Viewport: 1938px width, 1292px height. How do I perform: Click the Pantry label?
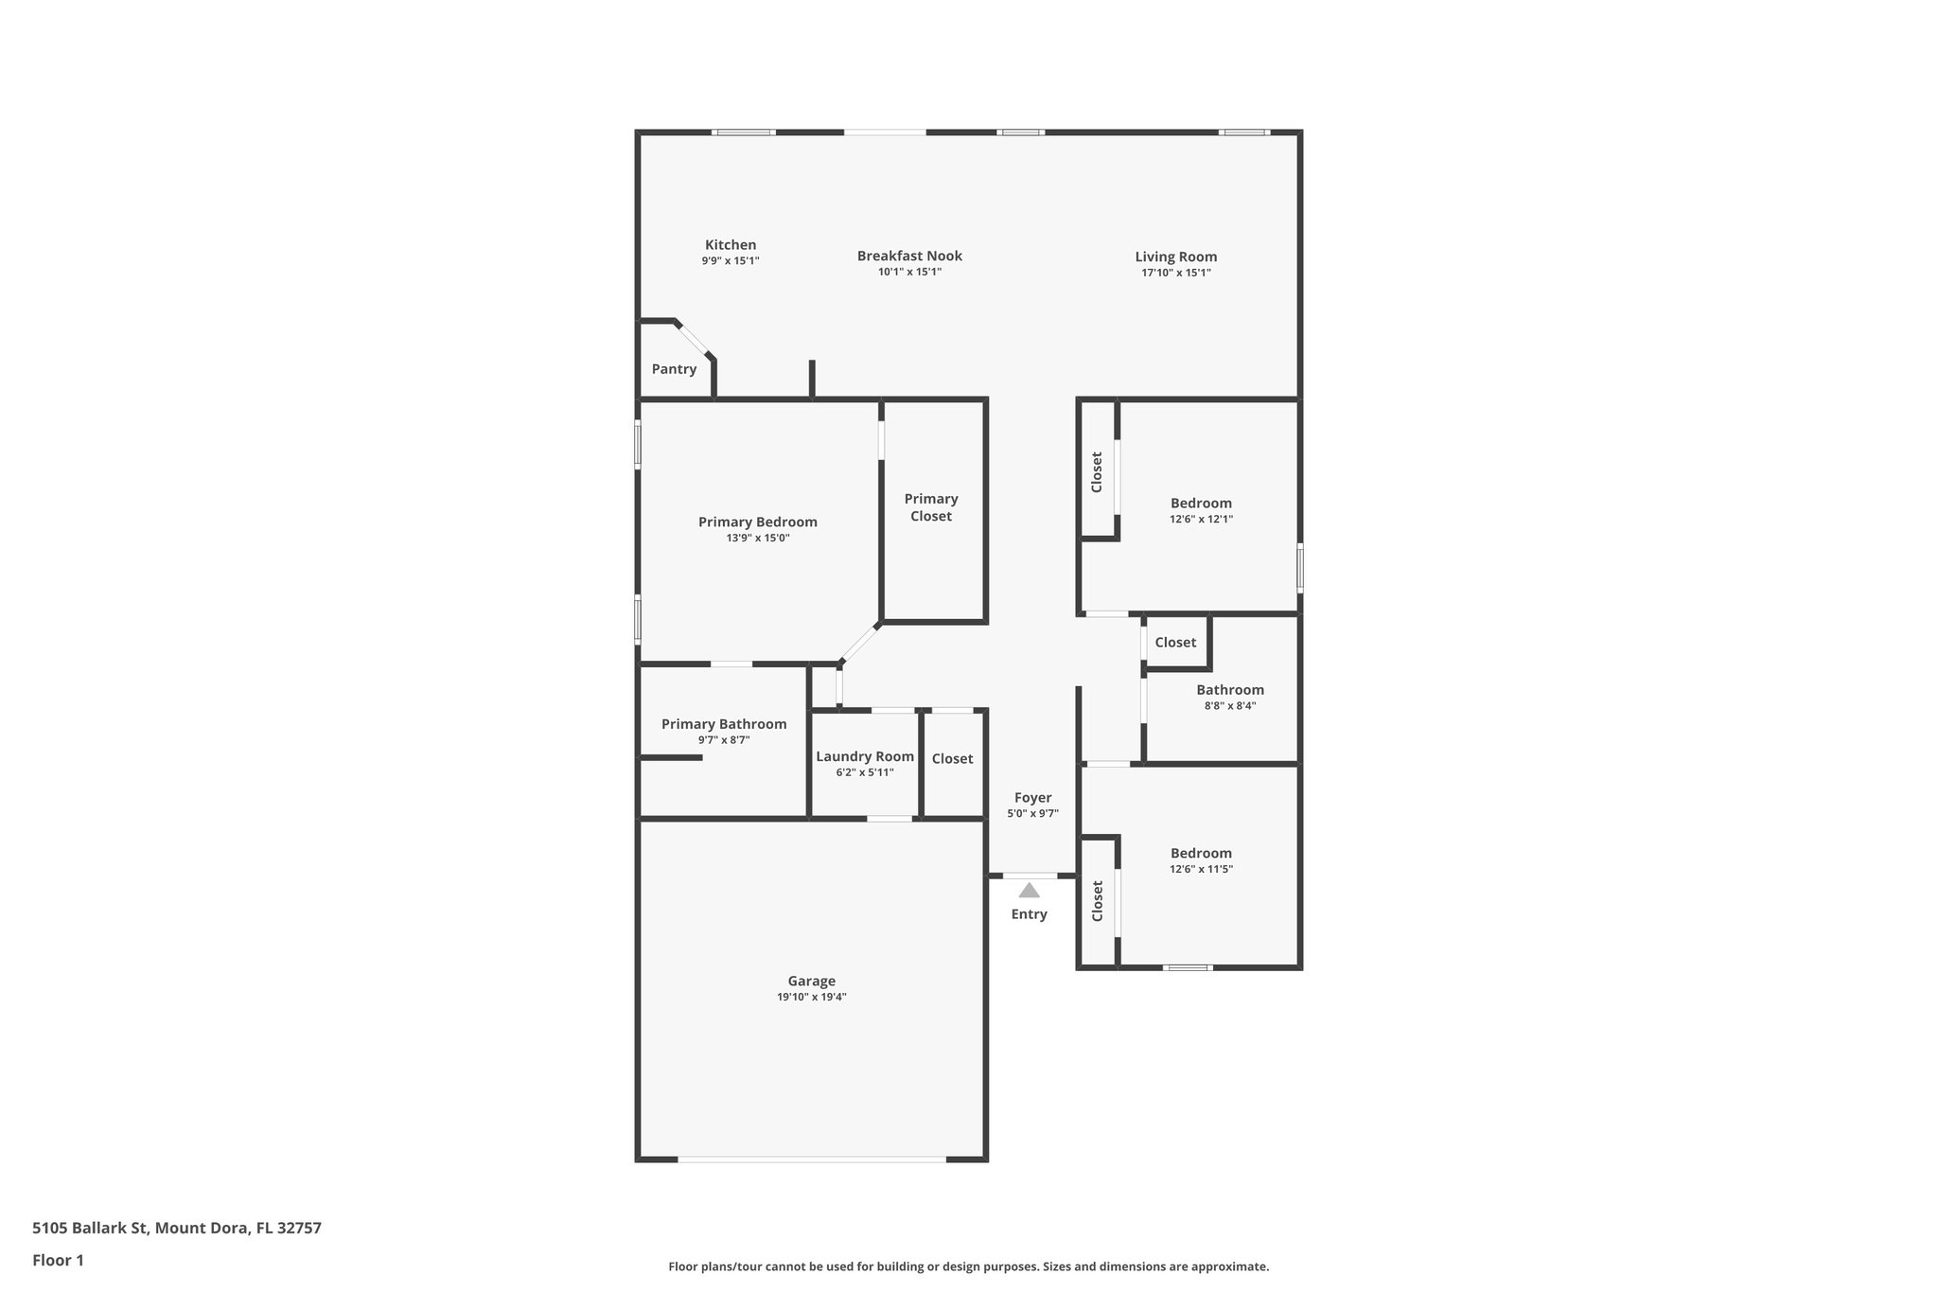pyautogui.click(x=674, y=369)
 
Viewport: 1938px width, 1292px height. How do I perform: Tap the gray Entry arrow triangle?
pyautogui.click(x=1029, y=891)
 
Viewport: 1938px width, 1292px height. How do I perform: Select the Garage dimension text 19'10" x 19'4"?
pyautogui.click(x=811, y=997)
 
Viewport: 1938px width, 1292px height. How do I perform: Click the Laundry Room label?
pyautogui.click(x=865, y=756)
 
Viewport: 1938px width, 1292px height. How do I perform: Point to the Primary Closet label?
pyautogui.click(x=931, y=507)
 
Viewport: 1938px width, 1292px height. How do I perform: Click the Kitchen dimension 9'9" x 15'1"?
pyautogui.click(x=730, y=260)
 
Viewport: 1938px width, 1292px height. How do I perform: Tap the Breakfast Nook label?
pyautogui.click(x=909, y=256)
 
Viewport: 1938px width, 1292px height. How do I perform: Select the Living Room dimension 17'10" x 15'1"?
pyautogui.click(x=1175, y=273)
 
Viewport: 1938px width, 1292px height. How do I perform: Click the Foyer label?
pyautogui.click(x=1032, y=798)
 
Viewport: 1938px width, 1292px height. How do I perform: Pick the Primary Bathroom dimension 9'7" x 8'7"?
pyautogui.click(x=724, y=740)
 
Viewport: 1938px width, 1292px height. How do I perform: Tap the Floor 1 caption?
pyautogui.click(x=58, y=1260)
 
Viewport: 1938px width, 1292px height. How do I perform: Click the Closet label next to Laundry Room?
pyautogui.click(x=952, y=759)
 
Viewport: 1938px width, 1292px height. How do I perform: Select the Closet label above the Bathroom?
pyautogui.click(x=1175, y=643)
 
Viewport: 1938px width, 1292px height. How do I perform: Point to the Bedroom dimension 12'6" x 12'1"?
pyautogui.click(x=1201, y=519)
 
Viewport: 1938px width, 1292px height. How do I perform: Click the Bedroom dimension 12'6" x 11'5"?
pyautogui.click(x=1201, y=869)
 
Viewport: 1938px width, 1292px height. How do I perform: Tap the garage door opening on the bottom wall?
pyautogui.click(x=811, y=1159)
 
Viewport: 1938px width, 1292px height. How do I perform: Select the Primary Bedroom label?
pyautogui.click(x=757, y=522)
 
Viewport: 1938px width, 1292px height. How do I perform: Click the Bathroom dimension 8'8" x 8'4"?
pyautogui.click(x=1229, y=705)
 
